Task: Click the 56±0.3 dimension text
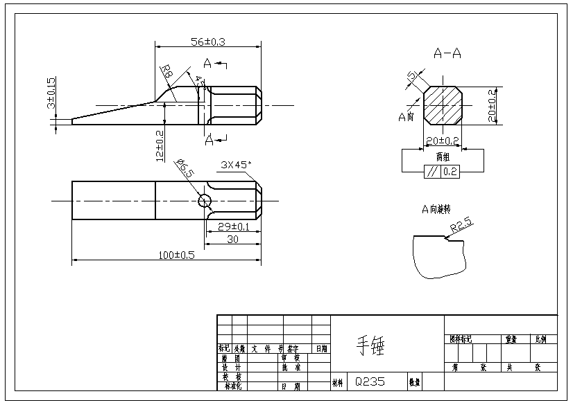click(207, 42)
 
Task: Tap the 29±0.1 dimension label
click(234, 227)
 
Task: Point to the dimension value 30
click(233, 240)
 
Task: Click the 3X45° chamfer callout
click(237, 165)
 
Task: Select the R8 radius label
click(166, 71)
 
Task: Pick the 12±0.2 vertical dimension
click(160, 145)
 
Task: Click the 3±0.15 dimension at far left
click(51, 93)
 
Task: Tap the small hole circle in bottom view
click(205, 201)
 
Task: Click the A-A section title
click(447, 53)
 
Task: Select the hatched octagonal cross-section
click(443, 105)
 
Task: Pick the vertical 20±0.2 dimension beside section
click(492, 105)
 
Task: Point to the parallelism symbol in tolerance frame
click(432, 172)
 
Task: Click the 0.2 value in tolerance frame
click(450, 172)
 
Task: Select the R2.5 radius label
click(461, 224)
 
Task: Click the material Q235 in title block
click(369, 381)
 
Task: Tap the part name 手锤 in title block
click(370, 344)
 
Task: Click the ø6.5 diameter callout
click(184, 168)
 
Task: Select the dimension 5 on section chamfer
click(412, 75)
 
